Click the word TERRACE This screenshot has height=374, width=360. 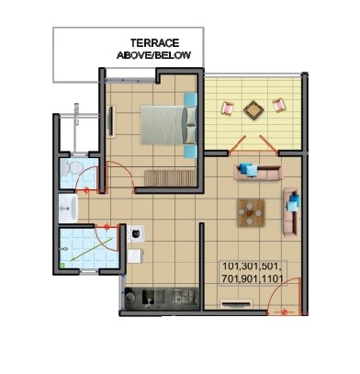153,42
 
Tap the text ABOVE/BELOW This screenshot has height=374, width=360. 153,56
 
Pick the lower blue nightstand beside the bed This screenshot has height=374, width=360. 190,150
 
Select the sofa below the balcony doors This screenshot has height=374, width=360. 256,171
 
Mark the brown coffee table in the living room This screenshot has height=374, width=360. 249,212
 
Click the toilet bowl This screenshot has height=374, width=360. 69,171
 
